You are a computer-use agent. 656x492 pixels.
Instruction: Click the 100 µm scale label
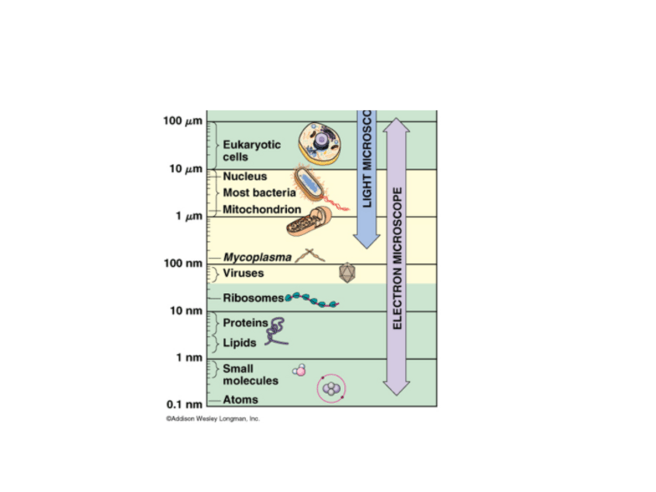point(182,121)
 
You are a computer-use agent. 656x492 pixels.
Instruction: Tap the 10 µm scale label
point(184,169)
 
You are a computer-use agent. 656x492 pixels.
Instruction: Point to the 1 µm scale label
point(187,216)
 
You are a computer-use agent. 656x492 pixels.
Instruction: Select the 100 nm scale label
point(183,264)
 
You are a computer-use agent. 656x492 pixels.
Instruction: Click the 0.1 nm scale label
point(183,404)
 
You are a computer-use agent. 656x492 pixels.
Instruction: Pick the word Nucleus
point(244,176)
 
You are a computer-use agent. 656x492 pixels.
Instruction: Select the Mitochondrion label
point(261,209)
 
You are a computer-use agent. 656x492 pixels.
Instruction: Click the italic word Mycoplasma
point(257,257)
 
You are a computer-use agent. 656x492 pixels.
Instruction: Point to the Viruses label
point(243,273)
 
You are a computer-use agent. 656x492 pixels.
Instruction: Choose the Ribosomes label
point(253,298)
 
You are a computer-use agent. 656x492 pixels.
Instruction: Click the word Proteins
point(244,323)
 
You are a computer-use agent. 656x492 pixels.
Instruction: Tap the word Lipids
point(240,342)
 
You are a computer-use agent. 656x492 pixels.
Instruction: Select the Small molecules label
point(250,374)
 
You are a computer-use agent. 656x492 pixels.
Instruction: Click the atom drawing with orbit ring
point(331,389)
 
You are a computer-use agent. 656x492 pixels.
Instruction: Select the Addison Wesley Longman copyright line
point(212,419)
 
